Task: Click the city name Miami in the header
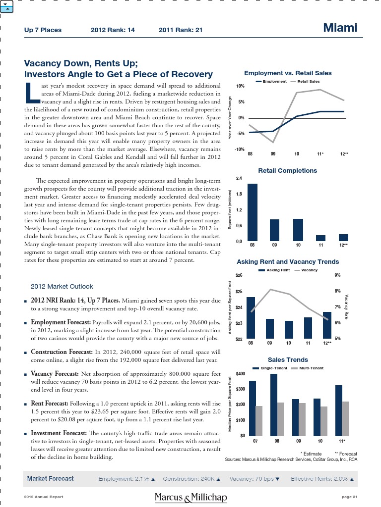[340, 28]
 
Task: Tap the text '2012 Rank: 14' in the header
[113, 30]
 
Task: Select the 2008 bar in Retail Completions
[253, 212]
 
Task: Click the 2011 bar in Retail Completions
[320, 238]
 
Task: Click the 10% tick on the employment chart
[240, 86]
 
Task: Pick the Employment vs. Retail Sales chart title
[288, 73]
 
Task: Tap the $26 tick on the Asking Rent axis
[239, 275]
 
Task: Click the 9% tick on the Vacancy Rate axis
[338, 275]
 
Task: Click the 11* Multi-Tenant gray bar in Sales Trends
[346, 418]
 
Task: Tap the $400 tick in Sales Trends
[240, 373]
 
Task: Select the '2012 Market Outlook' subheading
[62, 286]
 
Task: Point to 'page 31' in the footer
[349, 497]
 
